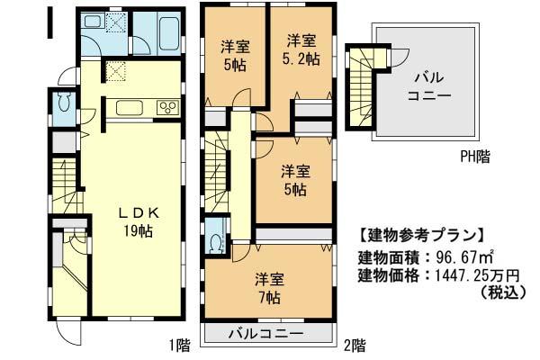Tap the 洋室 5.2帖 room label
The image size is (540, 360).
(302, 50)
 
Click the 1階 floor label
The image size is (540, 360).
(178, 344)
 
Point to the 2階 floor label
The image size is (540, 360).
(354, 344)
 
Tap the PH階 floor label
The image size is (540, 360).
(474, 156)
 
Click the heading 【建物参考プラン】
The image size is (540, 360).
(421, 237)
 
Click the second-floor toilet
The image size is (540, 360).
(216, 241)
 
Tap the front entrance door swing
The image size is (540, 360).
(70, 334)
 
